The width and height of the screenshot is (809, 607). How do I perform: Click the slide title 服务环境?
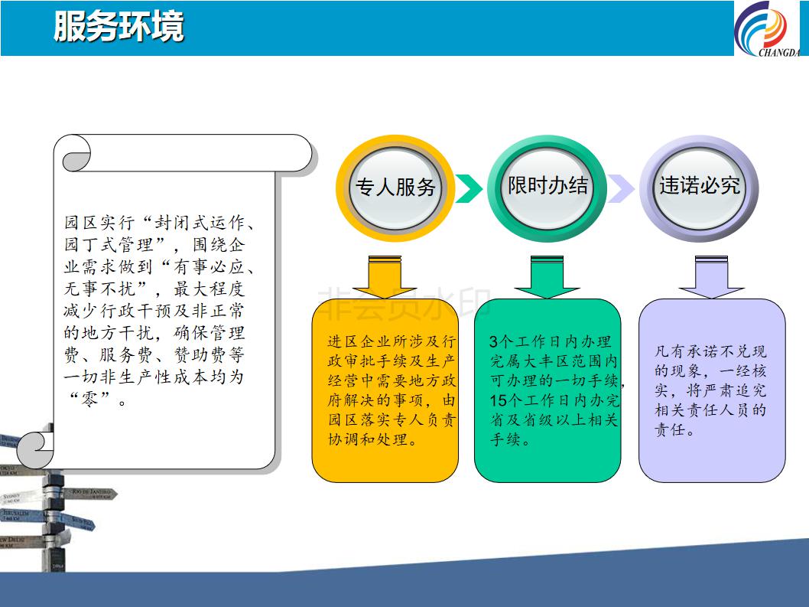[119, 26]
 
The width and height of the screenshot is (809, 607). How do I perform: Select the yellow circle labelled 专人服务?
[395, 188]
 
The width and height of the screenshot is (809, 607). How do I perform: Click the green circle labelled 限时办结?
[547, 188]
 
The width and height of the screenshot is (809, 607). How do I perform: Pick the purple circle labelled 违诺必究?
[699, 188]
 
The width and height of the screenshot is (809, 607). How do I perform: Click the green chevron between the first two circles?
[469, 188]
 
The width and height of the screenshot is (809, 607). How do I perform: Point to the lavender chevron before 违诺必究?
[621, 188]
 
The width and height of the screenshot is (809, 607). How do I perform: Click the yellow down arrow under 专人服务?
[385, 277]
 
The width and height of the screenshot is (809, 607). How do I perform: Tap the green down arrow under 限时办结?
[547, 277]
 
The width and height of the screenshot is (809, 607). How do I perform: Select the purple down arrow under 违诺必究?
[711, 277]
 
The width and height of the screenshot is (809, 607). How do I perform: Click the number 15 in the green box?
[499, 400]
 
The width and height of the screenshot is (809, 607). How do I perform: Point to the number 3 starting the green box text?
[494, 341]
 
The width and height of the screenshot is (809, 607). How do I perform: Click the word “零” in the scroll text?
[89, 399]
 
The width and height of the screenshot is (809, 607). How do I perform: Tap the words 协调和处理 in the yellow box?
[368, 439]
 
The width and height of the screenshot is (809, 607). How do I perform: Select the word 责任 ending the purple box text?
[670, 430]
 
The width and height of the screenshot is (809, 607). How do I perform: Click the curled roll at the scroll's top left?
[76, 153]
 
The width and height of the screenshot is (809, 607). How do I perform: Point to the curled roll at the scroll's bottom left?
[35, 449]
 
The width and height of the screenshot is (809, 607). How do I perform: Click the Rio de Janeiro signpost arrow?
[89, 494]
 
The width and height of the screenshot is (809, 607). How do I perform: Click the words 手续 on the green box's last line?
[505, 439]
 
